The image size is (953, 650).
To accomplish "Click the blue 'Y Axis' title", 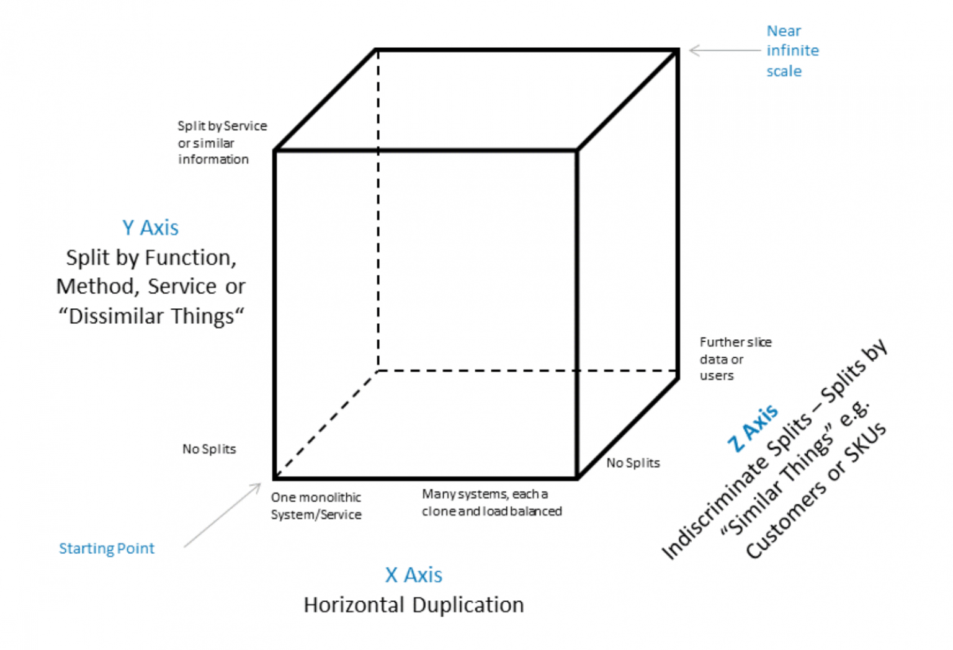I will (x=150, y=228).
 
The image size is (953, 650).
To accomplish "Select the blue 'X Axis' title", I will (x=413, y=575).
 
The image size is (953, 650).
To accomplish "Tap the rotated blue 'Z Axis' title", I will (x=753, y=427).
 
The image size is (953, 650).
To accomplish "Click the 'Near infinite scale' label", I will (x=792, y=51).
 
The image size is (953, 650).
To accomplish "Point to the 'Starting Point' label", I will (x=106, y=548).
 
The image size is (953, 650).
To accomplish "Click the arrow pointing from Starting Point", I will (x=222, y=515).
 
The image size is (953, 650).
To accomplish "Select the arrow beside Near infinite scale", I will (x=723, y=50).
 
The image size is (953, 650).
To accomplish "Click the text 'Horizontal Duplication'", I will (x=413, y=605).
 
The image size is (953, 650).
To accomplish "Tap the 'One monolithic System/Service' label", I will (x=316, y=505).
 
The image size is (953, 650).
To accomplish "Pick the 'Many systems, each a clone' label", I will (x=491, y=502).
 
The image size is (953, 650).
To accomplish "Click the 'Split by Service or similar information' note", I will (x=221, y=143).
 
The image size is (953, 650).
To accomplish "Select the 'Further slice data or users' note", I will (x=735, y=358).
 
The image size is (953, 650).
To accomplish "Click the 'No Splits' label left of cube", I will (x=209, y=449).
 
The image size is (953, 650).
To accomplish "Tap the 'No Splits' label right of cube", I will (x=633, y=463).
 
